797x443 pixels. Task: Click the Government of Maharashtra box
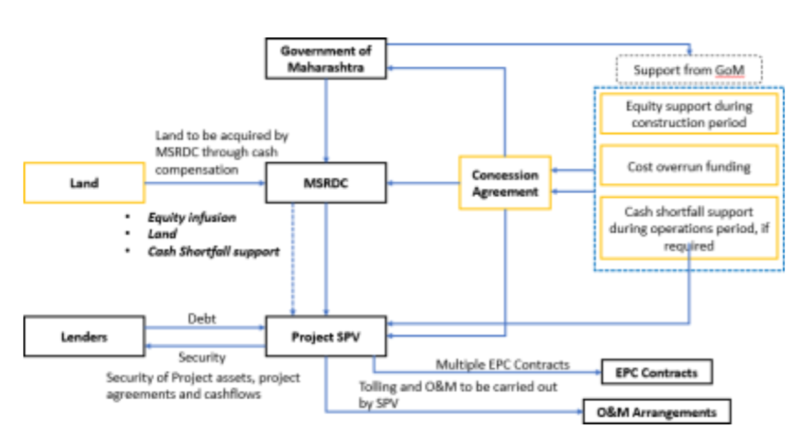[x=325, y=59]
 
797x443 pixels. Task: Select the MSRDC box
[x=325, y=183]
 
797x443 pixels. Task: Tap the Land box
[x=84, y=183]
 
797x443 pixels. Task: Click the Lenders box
[x=84, y=336]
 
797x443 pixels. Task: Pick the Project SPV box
[x=325, y=336]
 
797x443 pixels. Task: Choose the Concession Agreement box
[x=505, y=183]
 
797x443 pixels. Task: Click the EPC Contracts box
[x=656, y=372]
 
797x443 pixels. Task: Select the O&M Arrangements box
[x=656, y=412]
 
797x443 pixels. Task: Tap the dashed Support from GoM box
[x=689, y=70]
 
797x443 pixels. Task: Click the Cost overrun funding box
[x=689, y=166]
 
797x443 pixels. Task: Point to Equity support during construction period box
[x=689, y=114]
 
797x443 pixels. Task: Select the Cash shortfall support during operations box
[x=689, y=228]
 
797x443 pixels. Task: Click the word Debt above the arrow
[x=202, y=318]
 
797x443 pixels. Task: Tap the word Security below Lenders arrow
[x=202, y=358]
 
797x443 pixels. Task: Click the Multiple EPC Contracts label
[x=502, y=364]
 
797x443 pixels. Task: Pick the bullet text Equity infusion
[x=192, y=218]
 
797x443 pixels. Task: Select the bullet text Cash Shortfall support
[x=213, y=251]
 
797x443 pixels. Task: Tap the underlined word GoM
[x=730, y=70]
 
